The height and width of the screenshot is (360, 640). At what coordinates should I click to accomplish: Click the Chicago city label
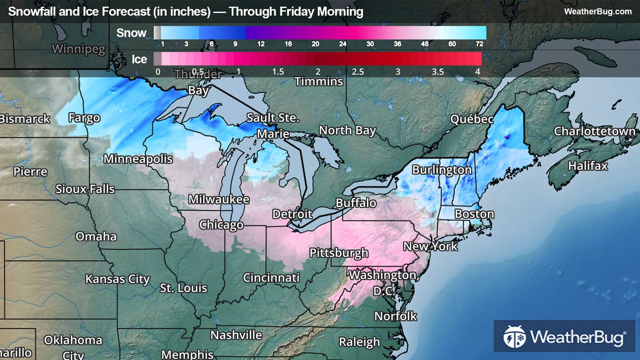pos(221,225)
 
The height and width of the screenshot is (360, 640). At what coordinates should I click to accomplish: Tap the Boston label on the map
pos(474,214)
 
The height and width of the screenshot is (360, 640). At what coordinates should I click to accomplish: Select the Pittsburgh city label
pos(338,253)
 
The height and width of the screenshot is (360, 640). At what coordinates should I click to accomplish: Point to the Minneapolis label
pos(138,159)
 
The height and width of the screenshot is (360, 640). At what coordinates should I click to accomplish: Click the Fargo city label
pos(84,118)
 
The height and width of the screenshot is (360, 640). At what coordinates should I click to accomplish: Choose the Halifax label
pos(588,165)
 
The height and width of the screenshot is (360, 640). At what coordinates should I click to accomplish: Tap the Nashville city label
pos(236,335)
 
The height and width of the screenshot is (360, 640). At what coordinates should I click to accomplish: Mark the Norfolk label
pos(396,316)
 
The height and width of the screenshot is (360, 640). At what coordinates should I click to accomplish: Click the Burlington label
pos(442,170)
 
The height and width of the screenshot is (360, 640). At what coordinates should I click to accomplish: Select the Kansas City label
pos(117,279)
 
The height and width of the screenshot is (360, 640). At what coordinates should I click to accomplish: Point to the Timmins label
pos(319,81)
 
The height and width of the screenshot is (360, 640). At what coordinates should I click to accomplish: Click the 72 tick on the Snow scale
pos(479,44)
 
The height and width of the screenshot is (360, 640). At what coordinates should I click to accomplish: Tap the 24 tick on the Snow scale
pos(343,44)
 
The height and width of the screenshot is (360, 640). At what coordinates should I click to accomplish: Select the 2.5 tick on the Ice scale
pos(358,72)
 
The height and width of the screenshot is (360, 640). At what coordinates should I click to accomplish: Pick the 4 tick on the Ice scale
pos(477,72)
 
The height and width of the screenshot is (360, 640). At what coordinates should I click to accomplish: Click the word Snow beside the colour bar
pos(131,33)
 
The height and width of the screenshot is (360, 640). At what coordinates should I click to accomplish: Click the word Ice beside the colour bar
pos(139,59)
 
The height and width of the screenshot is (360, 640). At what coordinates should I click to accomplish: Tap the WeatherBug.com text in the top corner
pos(598,12)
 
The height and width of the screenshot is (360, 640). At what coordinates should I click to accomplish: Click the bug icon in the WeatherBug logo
pos(514,337)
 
